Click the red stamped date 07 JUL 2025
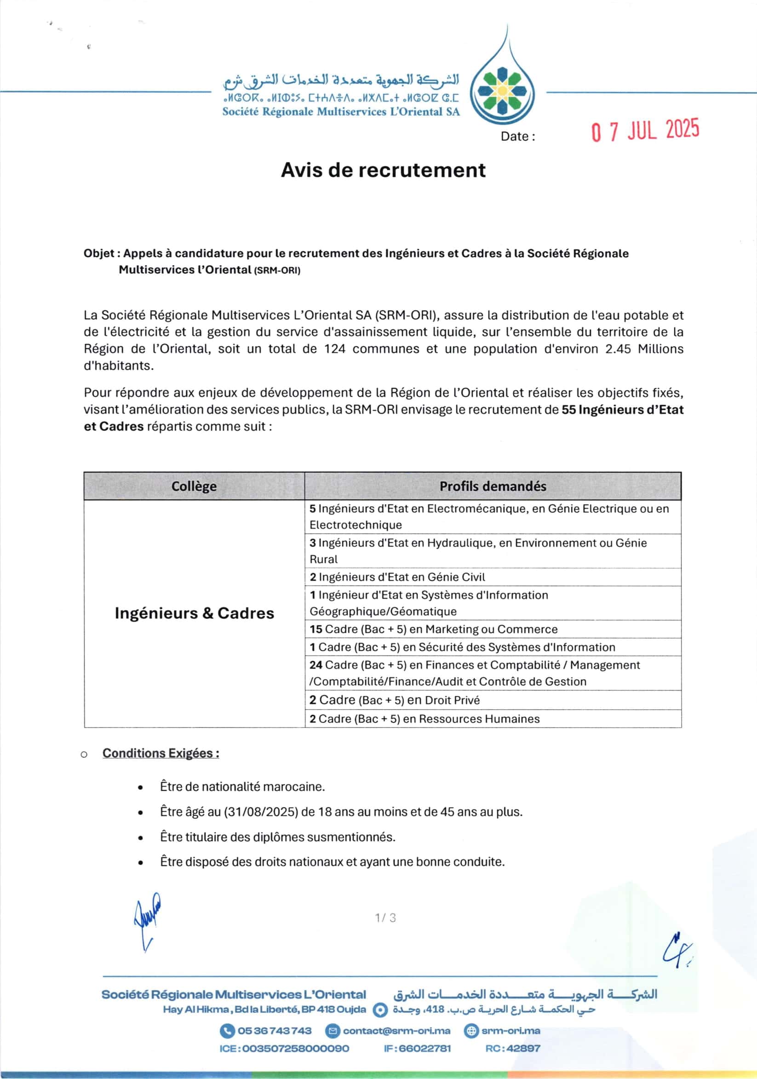coord(645,130)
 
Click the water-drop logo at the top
coord(503,89)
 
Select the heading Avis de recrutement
coord(383,170)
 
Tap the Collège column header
coord(194,486)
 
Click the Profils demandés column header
coord(493,486)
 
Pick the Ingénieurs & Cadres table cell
coord(195,613)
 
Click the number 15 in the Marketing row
coord(315,629)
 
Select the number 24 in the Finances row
coord(315,665)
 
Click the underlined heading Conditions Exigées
coord(161,753)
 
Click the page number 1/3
coord(385,918)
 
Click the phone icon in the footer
coord(227,1031)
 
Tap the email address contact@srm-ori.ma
coord(396,1031)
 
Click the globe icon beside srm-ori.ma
coord(470,1031)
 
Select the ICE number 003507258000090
coord(295,1049)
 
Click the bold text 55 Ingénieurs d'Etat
coord(622,410)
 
